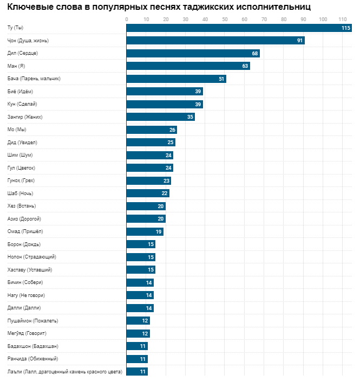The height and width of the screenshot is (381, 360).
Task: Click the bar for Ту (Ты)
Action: pyautogui.click(x=238, y=28)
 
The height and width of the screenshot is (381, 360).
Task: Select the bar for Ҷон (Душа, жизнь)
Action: pyautogui.click(x=215, y=41)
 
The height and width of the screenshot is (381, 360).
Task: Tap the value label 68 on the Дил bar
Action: pyautogui.click(x=255, y=54)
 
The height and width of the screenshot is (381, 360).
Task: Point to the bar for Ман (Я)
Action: pyautogui.click(x=188, y=66)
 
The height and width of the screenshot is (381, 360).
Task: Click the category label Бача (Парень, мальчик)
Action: pyautogui.click(x=34, y=79)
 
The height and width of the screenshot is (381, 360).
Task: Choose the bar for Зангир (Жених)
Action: pyautogui.click(x=160, y=117)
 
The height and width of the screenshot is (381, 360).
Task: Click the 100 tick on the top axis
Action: pyautogui.click(x=323, y=20)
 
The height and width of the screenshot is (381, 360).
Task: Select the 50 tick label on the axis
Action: pyautogui.click(x=225, y=20)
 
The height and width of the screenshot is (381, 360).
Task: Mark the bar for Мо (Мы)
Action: pyautogui.click(x=152, y=130)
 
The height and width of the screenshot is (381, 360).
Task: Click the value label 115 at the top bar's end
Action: pyautogui.click(x=346, y=28)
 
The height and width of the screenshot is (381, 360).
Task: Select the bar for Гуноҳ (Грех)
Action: pyautogui.click(x=148, y=181)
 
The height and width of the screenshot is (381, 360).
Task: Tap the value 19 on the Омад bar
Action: pyautogui.click(x=159, y=231)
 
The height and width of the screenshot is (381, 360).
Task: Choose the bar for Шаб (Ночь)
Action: pyautogui.click(x=148, y=193)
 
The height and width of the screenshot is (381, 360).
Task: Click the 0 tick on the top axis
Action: pyautogui.click(x=127, y=20)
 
